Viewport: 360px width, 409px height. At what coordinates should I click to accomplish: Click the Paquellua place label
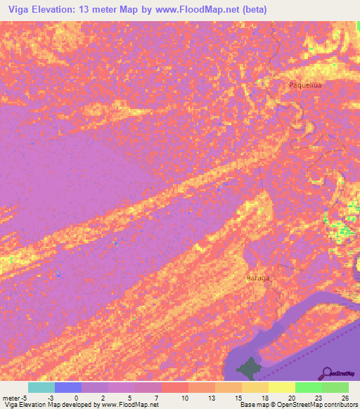point(305,85)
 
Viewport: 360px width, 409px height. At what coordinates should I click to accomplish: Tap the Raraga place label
point(258,278)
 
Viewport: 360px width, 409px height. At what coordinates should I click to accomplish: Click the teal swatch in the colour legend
point(41,387)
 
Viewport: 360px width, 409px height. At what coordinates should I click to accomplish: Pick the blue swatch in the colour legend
point(68,387)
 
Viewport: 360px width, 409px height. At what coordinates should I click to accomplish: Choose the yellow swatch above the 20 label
point(282,387)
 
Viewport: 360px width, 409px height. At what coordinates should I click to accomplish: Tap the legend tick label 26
point(344,397)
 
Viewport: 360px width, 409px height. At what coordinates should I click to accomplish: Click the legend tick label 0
point(76,397)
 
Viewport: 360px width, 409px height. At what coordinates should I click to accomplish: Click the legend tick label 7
point(156,397)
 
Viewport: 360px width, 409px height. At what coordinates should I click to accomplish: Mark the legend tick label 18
point(263,397)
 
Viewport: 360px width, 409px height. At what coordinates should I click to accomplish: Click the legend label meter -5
point(15,397)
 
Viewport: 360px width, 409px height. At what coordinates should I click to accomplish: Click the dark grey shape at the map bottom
point(247,368)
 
